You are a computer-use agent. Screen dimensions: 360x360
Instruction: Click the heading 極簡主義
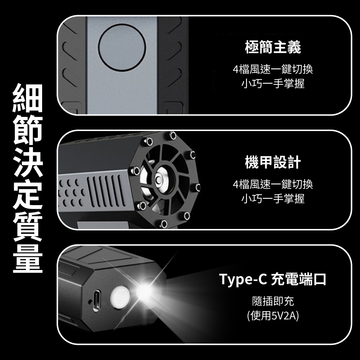coord(273,47)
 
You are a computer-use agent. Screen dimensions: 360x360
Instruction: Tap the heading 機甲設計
coord(273,162)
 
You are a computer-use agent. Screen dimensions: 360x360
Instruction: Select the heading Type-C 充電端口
coord(273,279)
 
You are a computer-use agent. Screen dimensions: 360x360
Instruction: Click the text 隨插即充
coord(273,301)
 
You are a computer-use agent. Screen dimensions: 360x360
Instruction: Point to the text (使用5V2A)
coord(273,315)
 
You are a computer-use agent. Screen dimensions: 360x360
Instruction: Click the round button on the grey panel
coord(122,47)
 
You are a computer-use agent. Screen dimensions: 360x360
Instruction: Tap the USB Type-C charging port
coord(96,301)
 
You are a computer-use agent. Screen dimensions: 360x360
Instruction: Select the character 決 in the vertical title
coord(28,162)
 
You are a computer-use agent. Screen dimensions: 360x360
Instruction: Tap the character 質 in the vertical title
coord(28,226)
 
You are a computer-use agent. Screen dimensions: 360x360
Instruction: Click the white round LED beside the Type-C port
coord(120,298)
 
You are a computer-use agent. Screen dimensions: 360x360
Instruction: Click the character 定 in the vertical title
coord(28,194)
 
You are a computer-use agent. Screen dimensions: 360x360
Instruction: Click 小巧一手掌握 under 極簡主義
coord(273,84)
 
